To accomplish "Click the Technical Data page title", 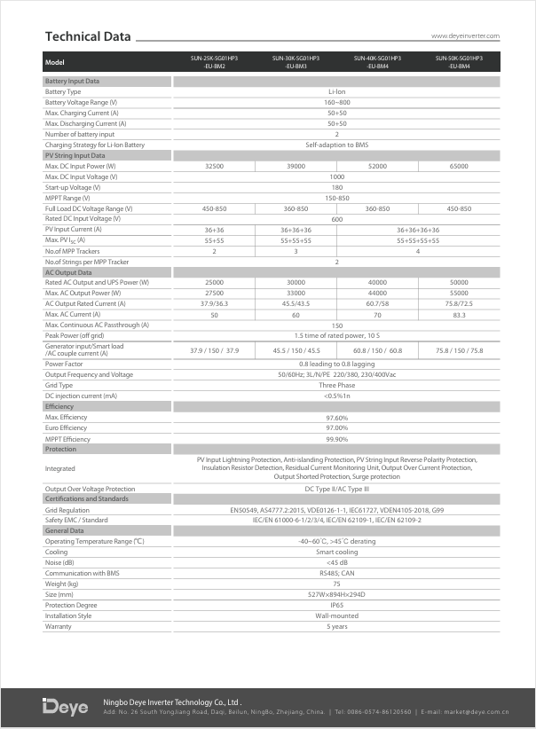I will tap(88, 36).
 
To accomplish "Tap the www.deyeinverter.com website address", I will tap(465, 36).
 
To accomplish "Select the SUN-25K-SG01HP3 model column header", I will tap(214, 62).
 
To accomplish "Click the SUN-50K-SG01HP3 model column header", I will tap(459, 62).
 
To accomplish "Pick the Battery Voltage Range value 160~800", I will tap(336, 102).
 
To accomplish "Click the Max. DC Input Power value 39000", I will tap(296, 166).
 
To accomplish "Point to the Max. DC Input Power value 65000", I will tap(459, 166).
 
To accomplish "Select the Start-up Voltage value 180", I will tap(336, 187).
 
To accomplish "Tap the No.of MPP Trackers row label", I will tap(71, 251).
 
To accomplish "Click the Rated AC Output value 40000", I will tap(377, 283).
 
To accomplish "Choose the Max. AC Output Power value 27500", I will tap(214, 294).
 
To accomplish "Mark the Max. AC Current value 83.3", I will tap(459, 315).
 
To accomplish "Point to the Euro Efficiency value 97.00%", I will tap(336, 427).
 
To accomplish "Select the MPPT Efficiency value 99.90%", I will tap(336, 438).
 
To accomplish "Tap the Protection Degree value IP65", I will tap(336, 605).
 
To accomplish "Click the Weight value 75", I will tap(336, 584).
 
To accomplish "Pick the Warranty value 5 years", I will tap(336, 626).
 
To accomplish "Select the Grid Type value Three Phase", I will tap(336, 385).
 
